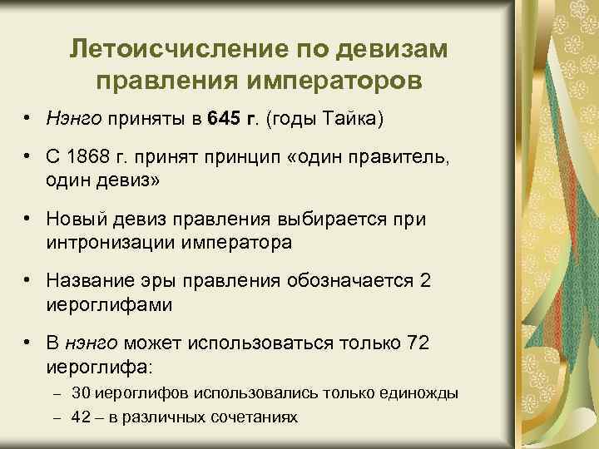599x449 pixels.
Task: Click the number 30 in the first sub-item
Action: pos(82,392)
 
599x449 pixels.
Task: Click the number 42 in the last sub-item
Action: pos(82,415)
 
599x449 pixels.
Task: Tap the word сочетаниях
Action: pos(258,415)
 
